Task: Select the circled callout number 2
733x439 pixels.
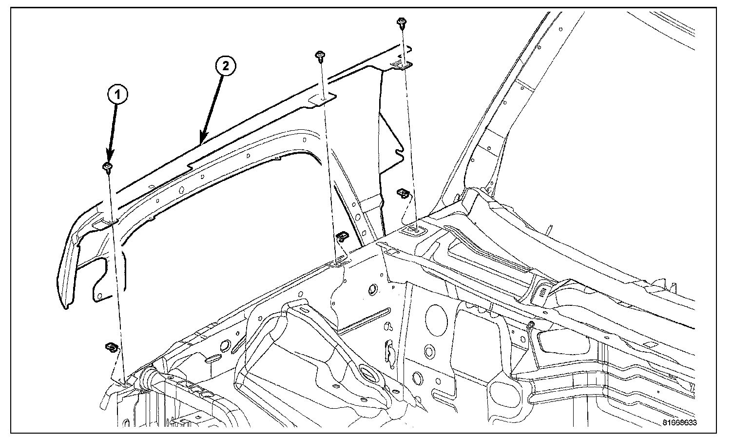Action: click(225, 66)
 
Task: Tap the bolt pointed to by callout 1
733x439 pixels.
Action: click(108, 167)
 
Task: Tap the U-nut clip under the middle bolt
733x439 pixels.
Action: click(343, 237)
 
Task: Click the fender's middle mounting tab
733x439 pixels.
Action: click(322, 100)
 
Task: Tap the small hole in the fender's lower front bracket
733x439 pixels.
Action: click(100, 296)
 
